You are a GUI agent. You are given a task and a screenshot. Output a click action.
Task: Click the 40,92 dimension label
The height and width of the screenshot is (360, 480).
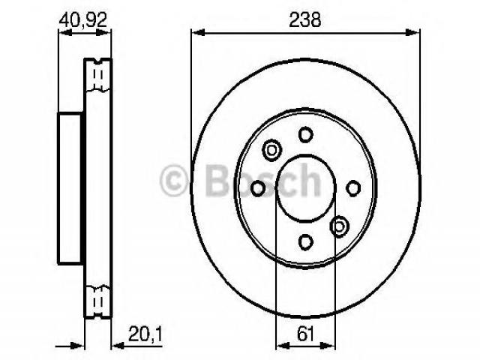(83, 20)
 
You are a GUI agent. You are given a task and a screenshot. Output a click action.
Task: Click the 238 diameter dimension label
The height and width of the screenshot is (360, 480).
(305, 20)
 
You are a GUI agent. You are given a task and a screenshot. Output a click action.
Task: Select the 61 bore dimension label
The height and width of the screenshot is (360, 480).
(305, 334)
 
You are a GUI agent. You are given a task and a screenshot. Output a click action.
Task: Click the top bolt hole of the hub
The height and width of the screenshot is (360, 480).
(305, 135)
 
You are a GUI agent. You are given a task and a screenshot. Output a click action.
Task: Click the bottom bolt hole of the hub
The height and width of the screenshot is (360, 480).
(305, 241)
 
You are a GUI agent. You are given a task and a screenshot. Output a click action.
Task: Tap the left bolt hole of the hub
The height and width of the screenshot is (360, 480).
(258, 188)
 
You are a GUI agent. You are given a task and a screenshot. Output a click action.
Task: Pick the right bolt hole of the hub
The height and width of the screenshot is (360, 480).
(353, 188)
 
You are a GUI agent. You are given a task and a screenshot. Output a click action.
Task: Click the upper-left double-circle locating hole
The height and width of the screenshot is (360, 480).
(271, 150)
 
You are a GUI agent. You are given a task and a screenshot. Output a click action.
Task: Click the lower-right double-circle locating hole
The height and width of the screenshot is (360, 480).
(339, 226)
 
